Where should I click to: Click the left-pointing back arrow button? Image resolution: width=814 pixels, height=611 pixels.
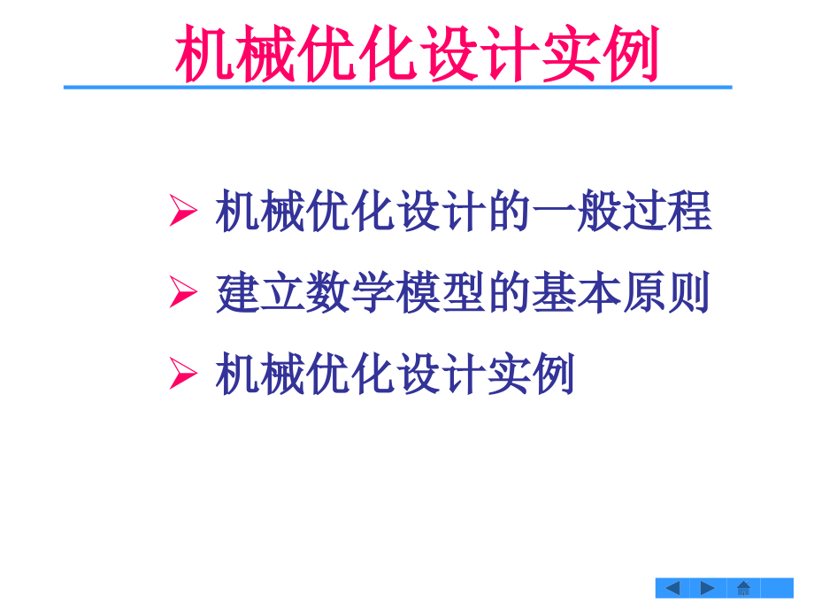(x=672, y=587)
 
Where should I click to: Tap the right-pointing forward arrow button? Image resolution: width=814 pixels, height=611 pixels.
(x=708, y=587)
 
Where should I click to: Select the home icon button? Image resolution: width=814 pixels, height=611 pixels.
(x=743, y=587)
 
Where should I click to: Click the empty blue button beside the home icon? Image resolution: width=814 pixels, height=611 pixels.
(x=777, y=587)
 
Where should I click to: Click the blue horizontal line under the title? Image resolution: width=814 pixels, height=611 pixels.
(x=398, y=87)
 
